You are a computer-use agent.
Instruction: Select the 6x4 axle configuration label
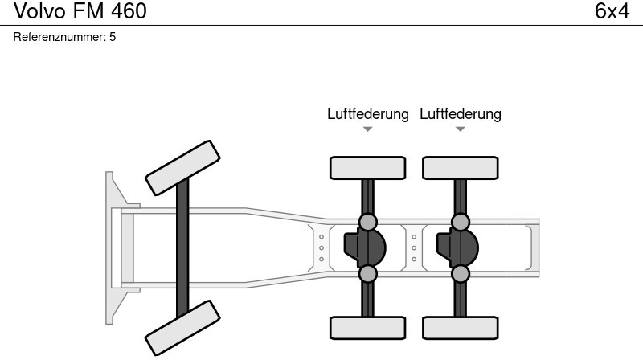pos(612,12)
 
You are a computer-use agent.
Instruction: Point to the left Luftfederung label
pos(367,114)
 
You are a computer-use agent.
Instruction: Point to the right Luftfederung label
pos(461,114)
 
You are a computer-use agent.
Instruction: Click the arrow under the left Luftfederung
pos(367,129)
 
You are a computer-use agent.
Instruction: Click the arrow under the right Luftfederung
pos(461,129)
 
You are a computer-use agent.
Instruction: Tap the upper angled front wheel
pos(182,163)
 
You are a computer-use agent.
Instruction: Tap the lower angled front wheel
pos(182,327)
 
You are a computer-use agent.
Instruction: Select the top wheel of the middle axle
pos(367,168)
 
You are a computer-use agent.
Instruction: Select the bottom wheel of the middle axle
pos(367,327)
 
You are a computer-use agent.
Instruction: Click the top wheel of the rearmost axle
pos(461,168)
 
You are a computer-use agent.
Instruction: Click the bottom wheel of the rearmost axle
pos(461,327)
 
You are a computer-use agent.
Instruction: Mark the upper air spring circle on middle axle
pos(367,222)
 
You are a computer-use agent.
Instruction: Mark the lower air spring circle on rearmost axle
pos(461,274)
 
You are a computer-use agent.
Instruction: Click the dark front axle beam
pos(182,245)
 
